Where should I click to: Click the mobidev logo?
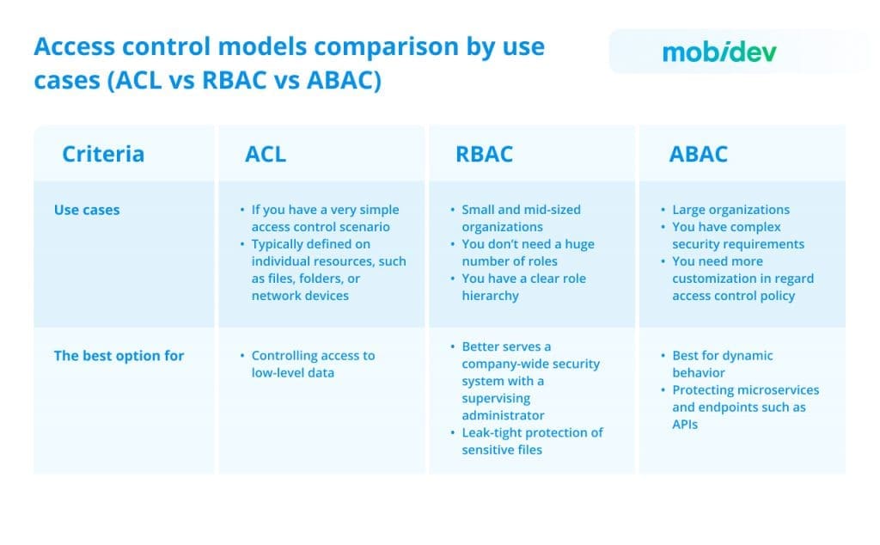click(718, 52)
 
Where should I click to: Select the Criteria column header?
click(103, 154)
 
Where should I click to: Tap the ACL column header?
click(266, 154)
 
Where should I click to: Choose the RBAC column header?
click(484, 154)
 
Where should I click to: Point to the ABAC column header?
click(698, 154)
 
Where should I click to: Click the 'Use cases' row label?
click(87, 210)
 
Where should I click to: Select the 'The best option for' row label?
click(119, 356)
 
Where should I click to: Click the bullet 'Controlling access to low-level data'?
click(313, 364)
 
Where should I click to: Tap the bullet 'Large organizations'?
click(730, 210)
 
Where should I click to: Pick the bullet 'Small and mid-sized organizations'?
click(521, 218)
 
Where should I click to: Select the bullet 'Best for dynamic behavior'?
click(722, 364)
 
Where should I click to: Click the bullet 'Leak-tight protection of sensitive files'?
click(532, 440)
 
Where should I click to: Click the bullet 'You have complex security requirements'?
click(738, 236)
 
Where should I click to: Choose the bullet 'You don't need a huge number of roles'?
click(528, 253)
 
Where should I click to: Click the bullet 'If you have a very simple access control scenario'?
click(325, 218)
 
